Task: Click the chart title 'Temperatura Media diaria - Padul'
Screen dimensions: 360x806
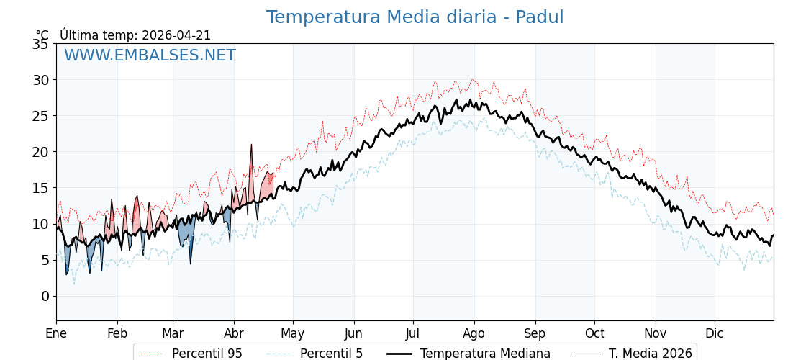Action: point(415,17)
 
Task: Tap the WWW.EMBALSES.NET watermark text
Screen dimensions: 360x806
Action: point(150,55)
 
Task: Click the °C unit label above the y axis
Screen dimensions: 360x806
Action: point(42,35)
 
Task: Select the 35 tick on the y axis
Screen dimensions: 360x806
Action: point(40,44)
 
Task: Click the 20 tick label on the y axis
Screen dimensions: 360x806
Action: point(40,152)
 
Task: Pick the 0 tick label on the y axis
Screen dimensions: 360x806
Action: point(45,296)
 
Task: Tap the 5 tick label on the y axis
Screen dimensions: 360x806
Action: point(45,260)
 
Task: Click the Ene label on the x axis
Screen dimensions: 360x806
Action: point(56,333)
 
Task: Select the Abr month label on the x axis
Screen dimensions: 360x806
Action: point(234,333)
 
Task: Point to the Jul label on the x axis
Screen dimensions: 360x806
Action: point(413,333)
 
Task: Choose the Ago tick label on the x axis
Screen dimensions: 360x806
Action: point(474,333)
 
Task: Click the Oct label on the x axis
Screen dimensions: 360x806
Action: point(594,333)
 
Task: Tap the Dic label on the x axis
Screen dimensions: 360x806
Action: point(715,333)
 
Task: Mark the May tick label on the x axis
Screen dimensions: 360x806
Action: point(293,333)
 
